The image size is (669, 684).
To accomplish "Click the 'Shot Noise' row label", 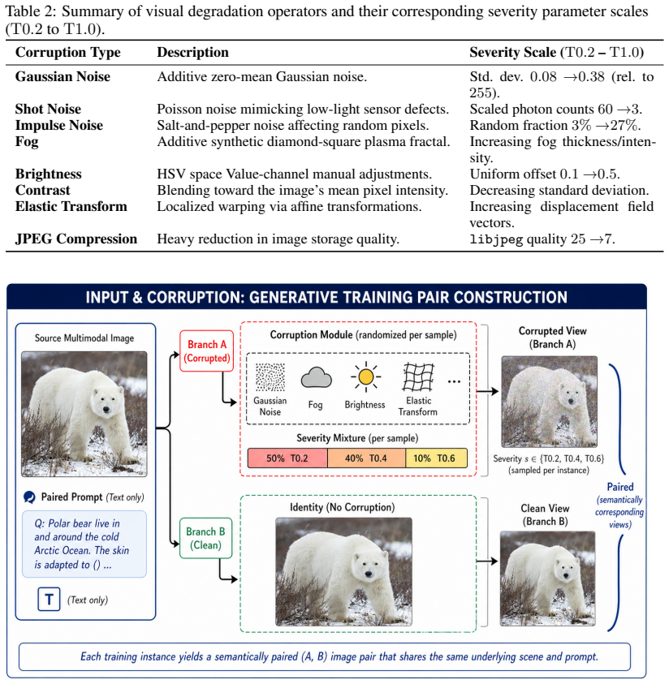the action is tap(48, 109).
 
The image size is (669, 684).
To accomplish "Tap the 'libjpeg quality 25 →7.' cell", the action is tap(542, 239).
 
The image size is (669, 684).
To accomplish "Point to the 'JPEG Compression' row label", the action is tap(76, 239).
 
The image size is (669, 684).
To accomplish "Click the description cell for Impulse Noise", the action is tap(293, 125).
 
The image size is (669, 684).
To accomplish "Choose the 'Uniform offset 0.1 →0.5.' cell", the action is tap(545, 174).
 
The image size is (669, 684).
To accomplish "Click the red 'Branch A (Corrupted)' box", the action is tap(206, 351).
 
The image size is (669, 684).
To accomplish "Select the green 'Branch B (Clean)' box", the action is tap(205, 538).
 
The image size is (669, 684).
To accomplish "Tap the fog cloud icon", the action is tap(317, 378).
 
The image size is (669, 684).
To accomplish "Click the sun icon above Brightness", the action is tap(365, 376).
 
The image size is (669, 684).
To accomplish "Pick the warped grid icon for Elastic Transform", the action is tap(418, 377).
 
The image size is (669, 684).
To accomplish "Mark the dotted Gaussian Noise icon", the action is tap(270, 377).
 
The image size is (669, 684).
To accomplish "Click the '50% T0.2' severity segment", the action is tap(287, 458).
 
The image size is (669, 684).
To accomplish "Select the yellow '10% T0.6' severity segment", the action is tap(437, 458).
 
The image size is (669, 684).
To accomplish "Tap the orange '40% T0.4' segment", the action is tap(367, 458).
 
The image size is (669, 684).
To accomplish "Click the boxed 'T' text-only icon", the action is tap(49, 600).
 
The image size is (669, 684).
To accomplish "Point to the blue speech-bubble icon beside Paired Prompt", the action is tap(29, 497).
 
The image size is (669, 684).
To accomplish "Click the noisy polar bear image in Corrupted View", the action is tap(549, 402).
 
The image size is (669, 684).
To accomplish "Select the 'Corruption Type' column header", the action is tap(68, 53).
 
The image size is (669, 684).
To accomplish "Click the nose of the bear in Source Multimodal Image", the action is tap(106, 409).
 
